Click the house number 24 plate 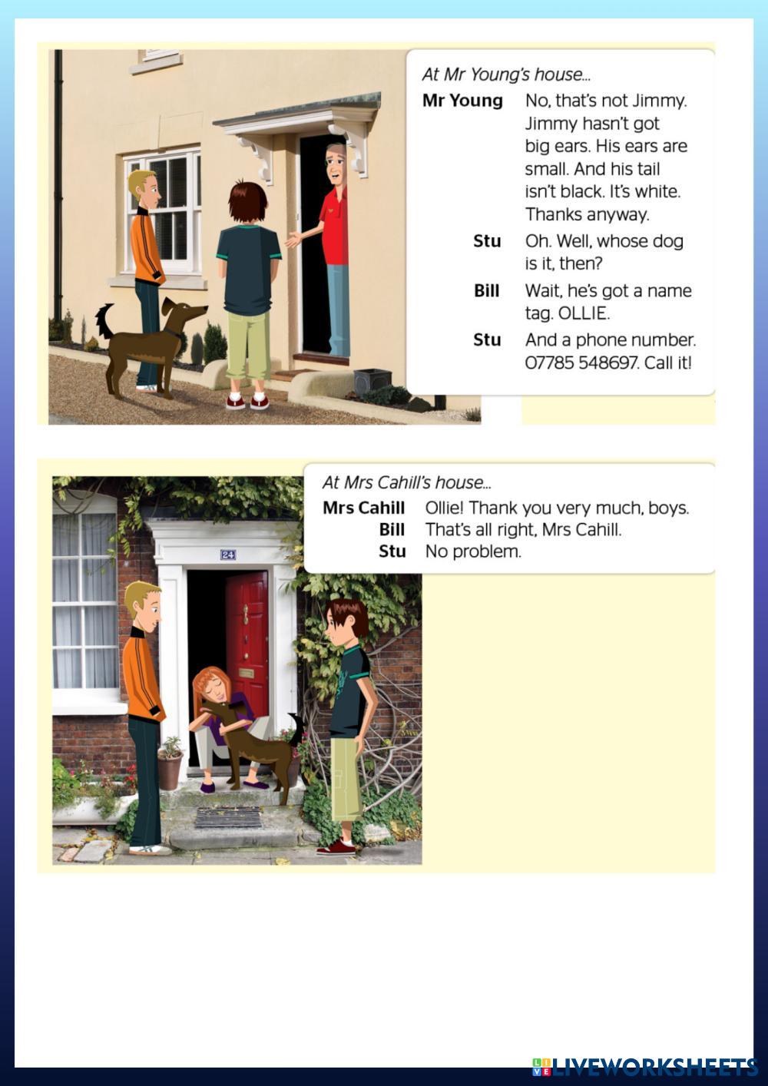(228, 555)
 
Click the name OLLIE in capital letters (584, 313)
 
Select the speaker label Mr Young (462, 101)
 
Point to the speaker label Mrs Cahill (363, 508)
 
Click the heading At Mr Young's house (506, 74)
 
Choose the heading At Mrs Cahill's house (407, 482)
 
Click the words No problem (473, 551)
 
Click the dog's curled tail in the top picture (104, 320)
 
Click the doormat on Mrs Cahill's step (228, 817)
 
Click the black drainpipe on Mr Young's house (58, 184)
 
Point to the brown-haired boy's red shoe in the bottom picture (336, 847)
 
